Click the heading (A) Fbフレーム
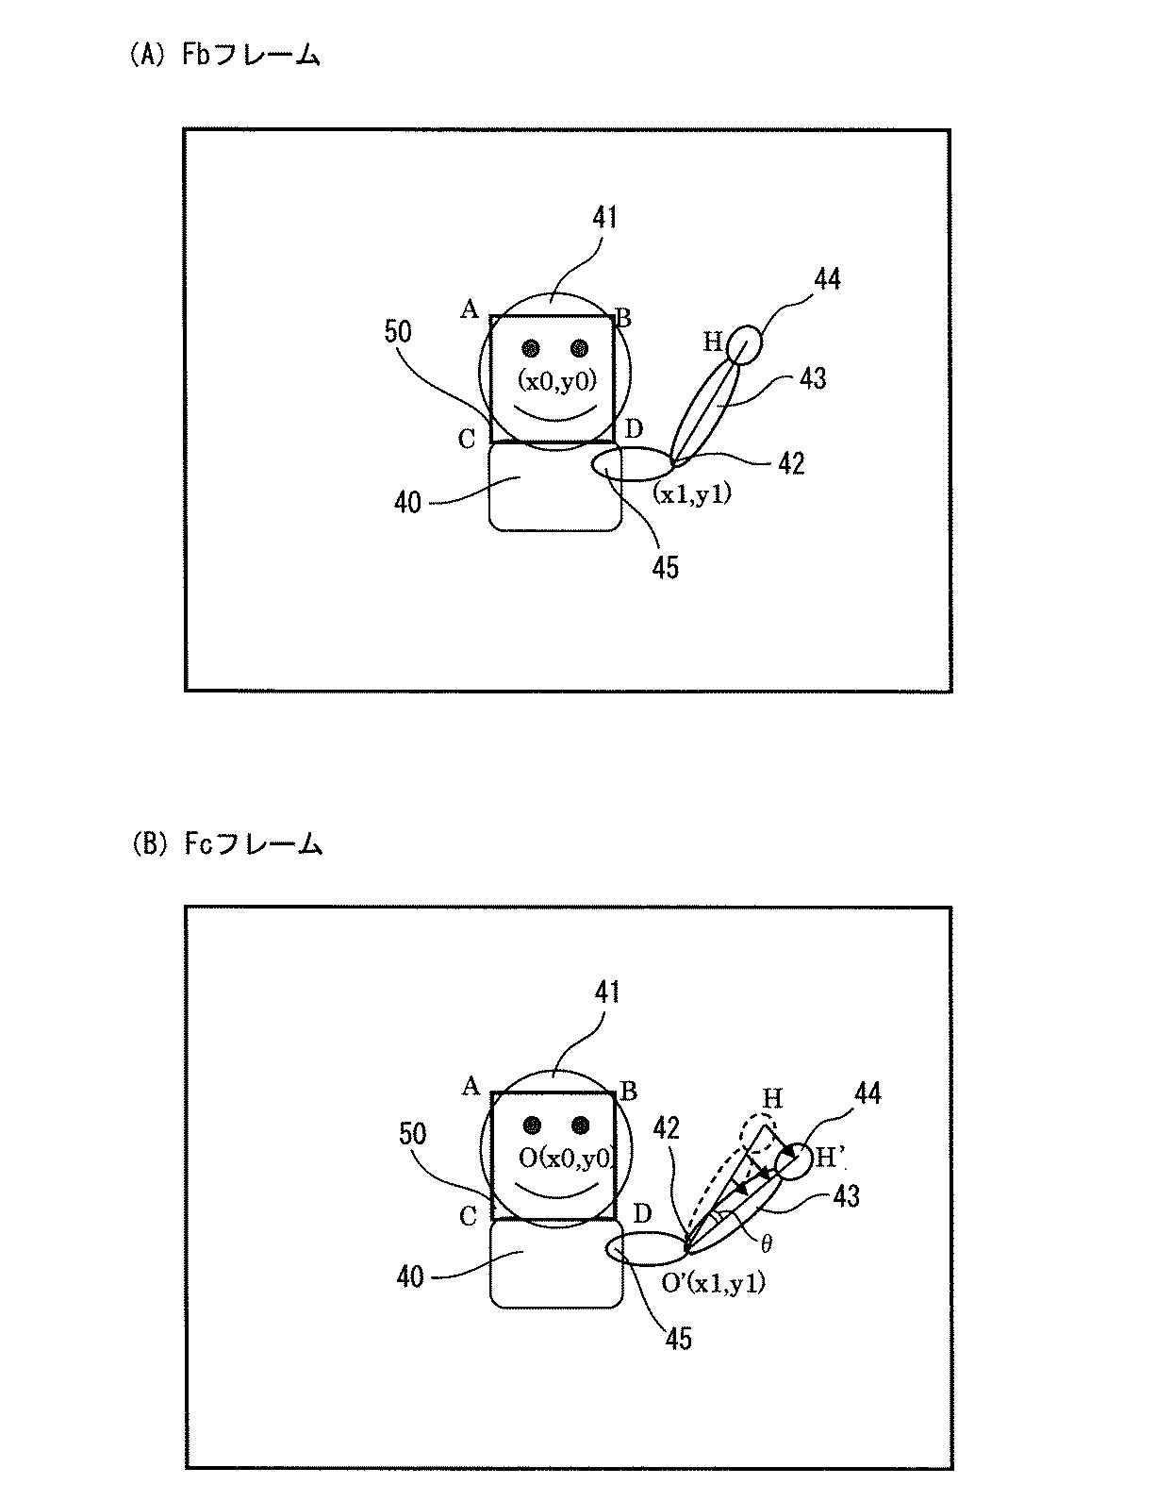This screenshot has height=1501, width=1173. point(223,57)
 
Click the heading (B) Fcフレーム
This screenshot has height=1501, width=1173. point(226,844)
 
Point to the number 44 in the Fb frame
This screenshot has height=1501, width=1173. point(827,279)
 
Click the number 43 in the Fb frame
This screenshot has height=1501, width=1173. point(812,378)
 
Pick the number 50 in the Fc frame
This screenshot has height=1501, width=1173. point(412,1133)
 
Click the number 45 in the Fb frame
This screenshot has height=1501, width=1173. point(666,567)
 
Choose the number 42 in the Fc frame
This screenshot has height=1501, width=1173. point(667,1128)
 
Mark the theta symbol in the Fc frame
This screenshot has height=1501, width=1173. point(767,1244)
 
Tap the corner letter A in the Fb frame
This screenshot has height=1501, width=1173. point(469,309)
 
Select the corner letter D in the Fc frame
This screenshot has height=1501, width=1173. point(642,1213)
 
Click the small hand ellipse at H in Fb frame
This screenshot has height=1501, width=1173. point(744,344)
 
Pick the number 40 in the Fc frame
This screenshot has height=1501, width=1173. point(410,1277)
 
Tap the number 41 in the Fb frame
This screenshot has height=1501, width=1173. point(604,217)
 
